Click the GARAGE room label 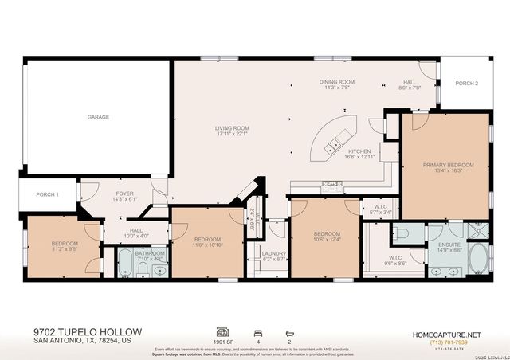click(x=98, y=117)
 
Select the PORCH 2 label click(x=466, y=84)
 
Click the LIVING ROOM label click(x=232, y=128)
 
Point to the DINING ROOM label click(x=336, y=82)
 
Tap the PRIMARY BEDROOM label click(x=448, y=165)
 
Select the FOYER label click(x=124, y=194)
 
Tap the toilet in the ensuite click(x=402, y=233)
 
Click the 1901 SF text click(x=223, y=340)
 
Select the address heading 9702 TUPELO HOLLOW click(x=88, y=331)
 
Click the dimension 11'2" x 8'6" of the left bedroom click(x=64, y=249)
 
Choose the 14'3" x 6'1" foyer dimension click(x=124, y=199)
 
